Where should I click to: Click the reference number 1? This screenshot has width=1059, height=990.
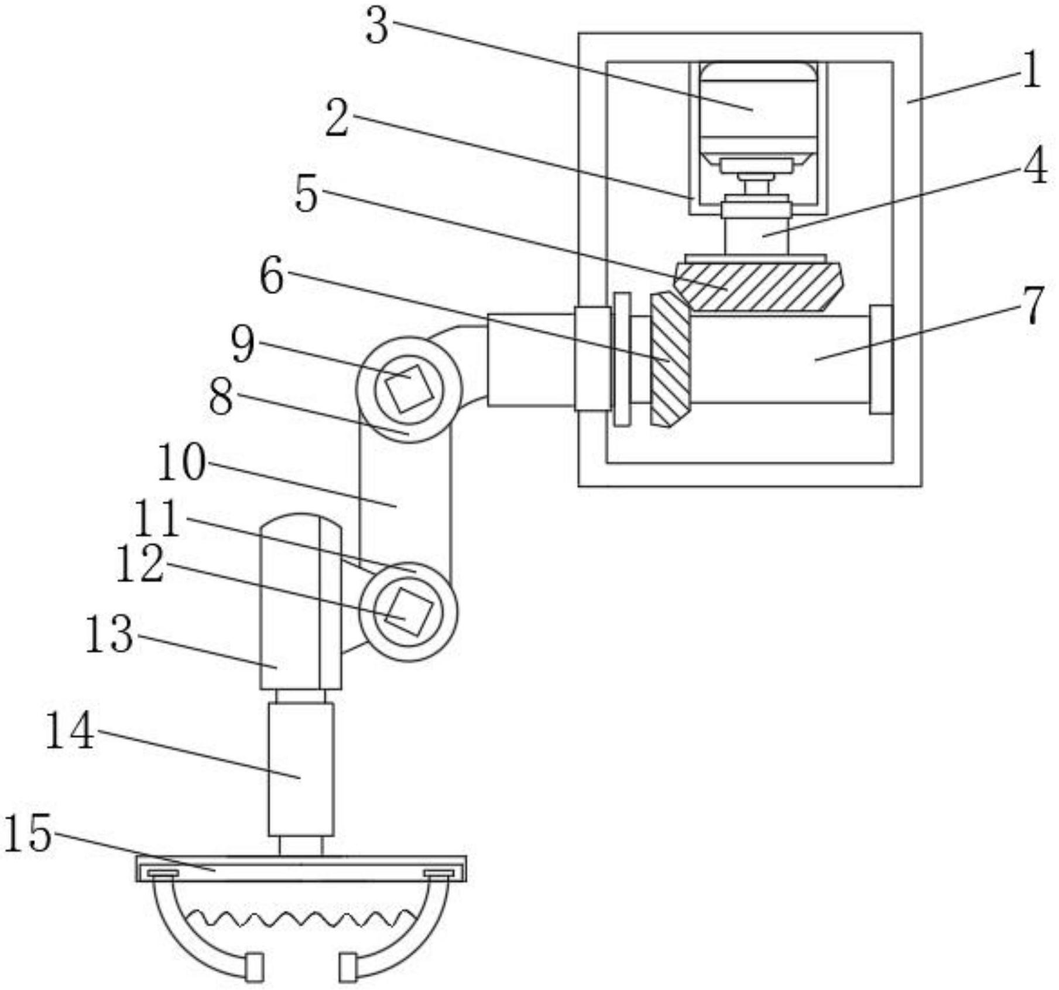click(x=1031, y=69)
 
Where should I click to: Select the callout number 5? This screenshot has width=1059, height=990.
click(x=306, y=193)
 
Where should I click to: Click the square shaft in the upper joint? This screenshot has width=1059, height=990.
click(x=409, y=388)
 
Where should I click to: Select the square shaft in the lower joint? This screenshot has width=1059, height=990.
click(x=409, y=612)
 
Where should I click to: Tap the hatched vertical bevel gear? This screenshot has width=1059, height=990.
click(x=670, y=359)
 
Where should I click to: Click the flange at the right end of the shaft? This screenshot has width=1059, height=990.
click(x=881, y=359)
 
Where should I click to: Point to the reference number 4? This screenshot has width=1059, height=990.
click(x=1035, y=166)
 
